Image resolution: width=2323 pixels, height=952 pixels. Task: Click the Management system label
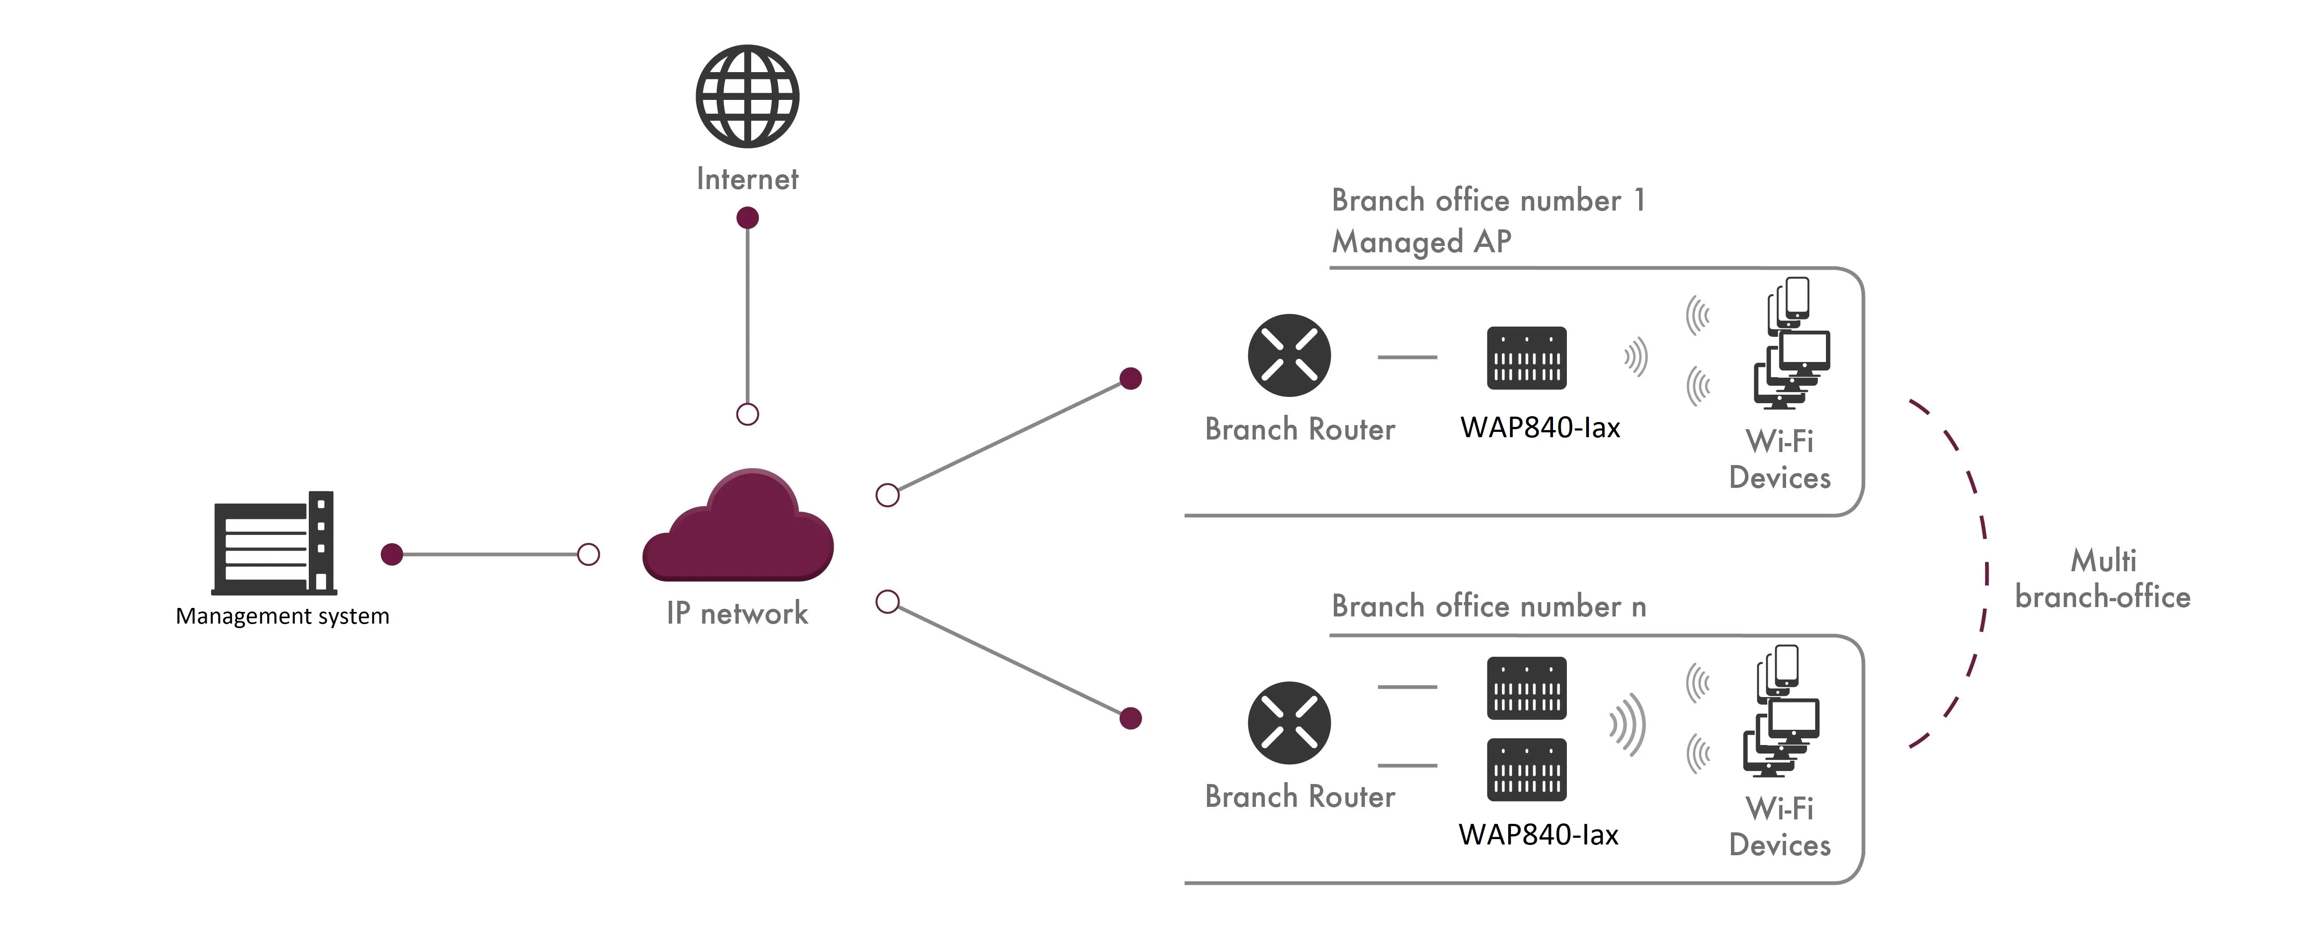pyautogui.click(x=282, y=616)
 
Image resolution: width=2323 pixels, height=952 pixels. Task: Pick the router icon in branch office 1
pyautogui.click(x=1289, y=355)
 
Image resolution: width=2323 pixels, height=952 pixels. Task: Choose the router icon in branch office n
pyautogui.click(x=1289, y=723)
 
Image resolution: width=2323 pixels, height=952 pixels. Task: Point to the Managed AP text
pyautogui.click(x=1421, y=241)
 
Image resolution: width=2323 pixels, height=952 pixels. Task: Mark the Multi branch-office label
pyautogui.click(x=2102, y=579)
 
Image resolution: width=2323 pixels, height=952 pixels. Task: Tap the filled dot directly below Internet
pyautogui.click(x=748, y=218)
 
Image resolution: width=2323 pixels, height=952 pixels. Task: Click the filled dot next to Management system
pyautogui.click(x=391, y=555)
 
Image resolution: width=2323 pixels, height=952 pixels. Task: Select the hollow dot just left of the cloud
pyautogui.click(x=588, y=555)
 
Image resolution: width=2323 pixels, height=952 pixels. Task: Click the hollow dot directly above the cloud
pyautogui.click(x=748, y=415)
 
